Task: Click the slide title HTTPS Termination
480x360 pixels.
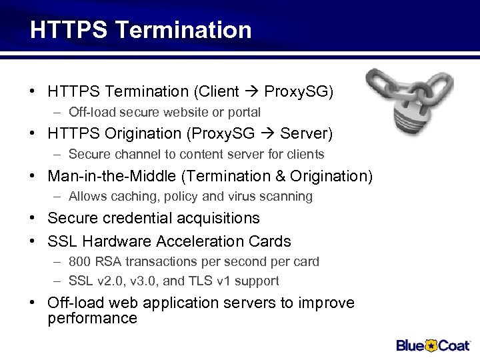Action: coord(141,30)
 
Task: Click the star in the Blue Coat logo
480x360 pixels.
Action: coord(431,345)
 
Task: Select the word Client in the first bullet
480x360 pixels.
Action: coord(219,91)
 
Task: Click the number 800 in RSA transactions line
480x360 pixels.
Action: coord(79,261)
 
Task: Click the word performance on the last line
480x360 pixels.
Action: coord(92,318)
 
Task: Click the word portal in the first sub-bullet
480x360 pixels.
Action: coord(243,112)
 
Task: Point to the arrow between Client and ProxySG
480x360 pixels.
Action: coord(253,91)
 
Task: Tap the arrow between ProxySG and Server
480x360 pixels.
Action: coord(268,133)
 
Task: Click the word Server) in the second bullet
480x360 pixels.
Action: coord(306,133)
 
